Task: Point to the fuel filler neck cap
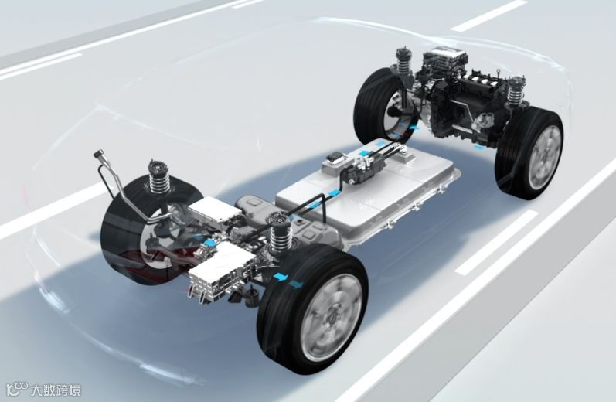coord(98,155)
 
